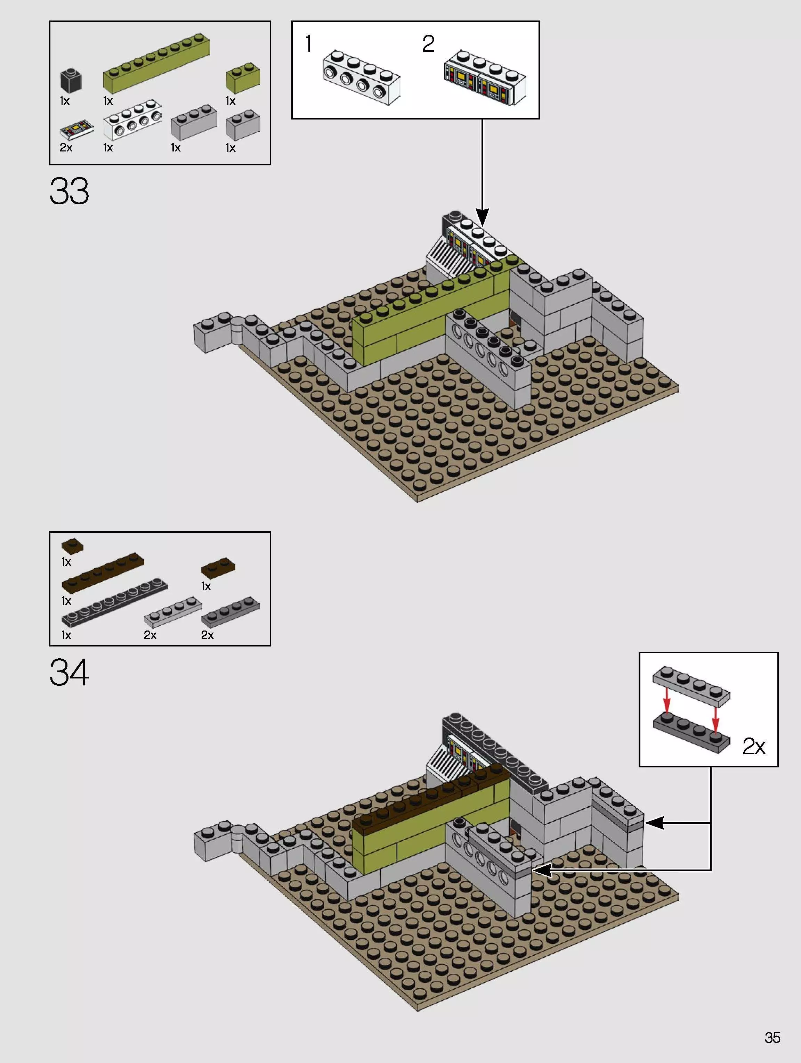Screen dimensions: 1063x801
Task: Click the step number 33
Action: (x=69, y=191)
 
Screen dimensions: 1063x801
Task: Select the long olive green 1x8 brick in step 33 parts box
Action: (x=156, y=64)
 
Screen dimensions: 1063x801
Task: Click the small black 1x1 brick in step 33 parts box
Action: (x=71, y=80)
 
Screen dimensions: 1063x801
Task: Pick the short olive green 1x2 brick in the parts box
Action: (x=243, y=78)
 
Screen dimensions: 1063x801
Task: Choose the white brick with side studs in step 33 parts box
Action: (x=132, y=120)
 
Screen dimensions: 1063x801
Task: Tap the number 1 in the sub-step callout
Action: (x=308, y=44)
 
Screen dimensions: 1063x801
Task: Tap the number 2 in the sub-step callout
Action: (x=428, y=44)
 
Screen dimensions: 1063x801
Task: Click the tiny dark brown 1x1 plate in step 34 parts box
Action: (x=72, y=546)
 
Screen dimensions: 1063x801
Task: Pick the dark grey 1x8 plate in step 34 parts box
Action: (x=114, y=602)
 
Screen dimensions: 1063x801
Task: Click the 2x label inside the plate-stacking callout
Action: (x=753, y=746)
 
